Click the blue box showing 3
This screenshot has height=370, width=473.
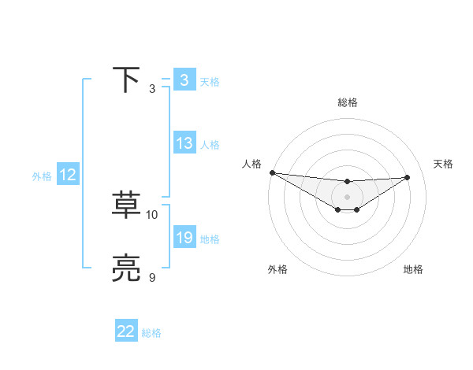184,80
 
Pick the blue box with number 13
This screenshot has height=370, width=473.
184,143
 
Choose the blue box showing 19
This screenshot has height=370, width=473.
184,238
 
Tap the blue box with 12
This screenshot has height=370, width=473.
67,175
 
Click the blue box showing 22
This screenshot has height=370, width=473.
126,332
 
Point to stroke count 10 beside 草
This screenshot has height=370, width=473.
152,214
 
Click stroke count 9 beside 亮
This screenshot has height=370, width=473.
152,277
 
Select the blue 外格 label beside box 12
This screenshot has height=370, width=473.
42,176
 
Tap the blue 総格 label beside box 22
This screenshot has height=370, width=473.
151,334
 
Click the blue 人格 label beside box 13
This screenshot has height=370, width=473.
210,145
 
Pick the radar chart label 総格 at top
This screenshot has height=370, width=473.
348,102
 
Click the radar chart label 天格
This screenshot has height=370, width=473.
444,164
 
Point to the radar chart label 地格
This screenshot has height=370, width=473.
413,269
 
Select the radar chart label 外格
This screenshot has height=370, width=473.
277,269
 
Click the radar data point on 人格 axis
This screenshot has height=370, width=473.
272,172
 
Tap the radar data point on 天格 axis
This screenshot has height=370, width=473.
408,177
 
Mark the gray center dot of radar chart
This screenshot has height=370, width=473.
348,197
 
